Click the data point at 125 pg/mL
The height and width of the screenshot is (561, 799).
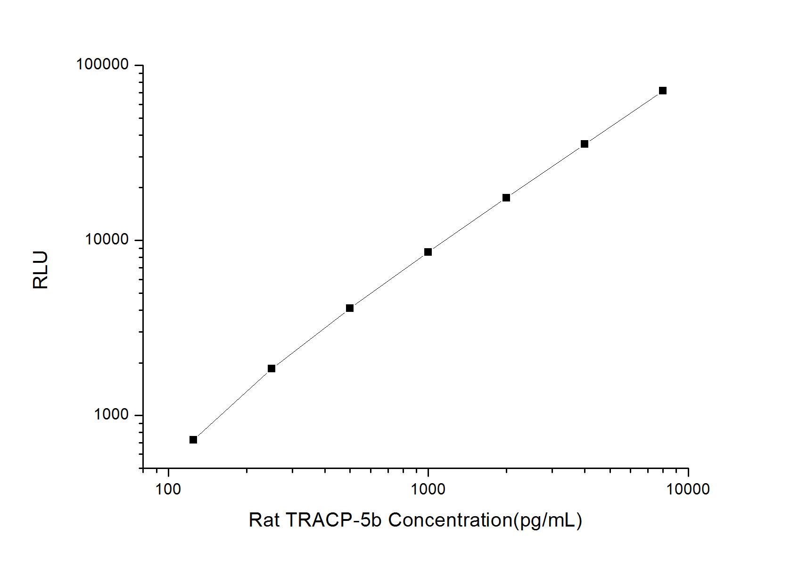point(193,440)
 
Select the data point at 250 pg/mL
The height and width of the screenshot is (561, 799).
point(272,368)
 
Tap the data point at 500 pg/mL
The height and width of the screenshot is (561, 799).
point(350,308)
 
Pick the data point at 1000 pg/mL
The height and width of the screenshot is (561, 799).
point(428,252)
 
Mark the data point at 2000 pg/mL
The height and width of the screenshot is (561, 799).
point(506,198)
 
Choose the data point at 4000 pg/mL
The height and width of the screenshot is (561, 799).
point(585,144)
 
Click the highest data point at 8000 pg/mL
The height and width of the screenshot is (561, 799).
point(663,91)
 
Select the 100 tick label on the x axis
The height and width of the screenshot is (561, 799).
point(168,489)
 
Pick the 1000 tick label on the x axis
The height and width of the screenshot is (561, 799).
point(428,489)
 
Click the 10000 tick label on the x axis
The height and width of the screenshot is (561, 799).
point(688,489)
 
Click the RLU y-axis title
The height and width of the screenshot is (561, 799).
point(41,270)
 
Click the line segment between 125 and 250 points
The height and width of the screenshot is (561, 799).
point(232,404)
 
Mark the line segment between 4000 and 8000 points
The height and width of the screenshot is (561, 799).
point(624,117)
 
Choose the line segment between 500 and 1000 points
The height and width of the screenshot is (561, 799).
point(389,280)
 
